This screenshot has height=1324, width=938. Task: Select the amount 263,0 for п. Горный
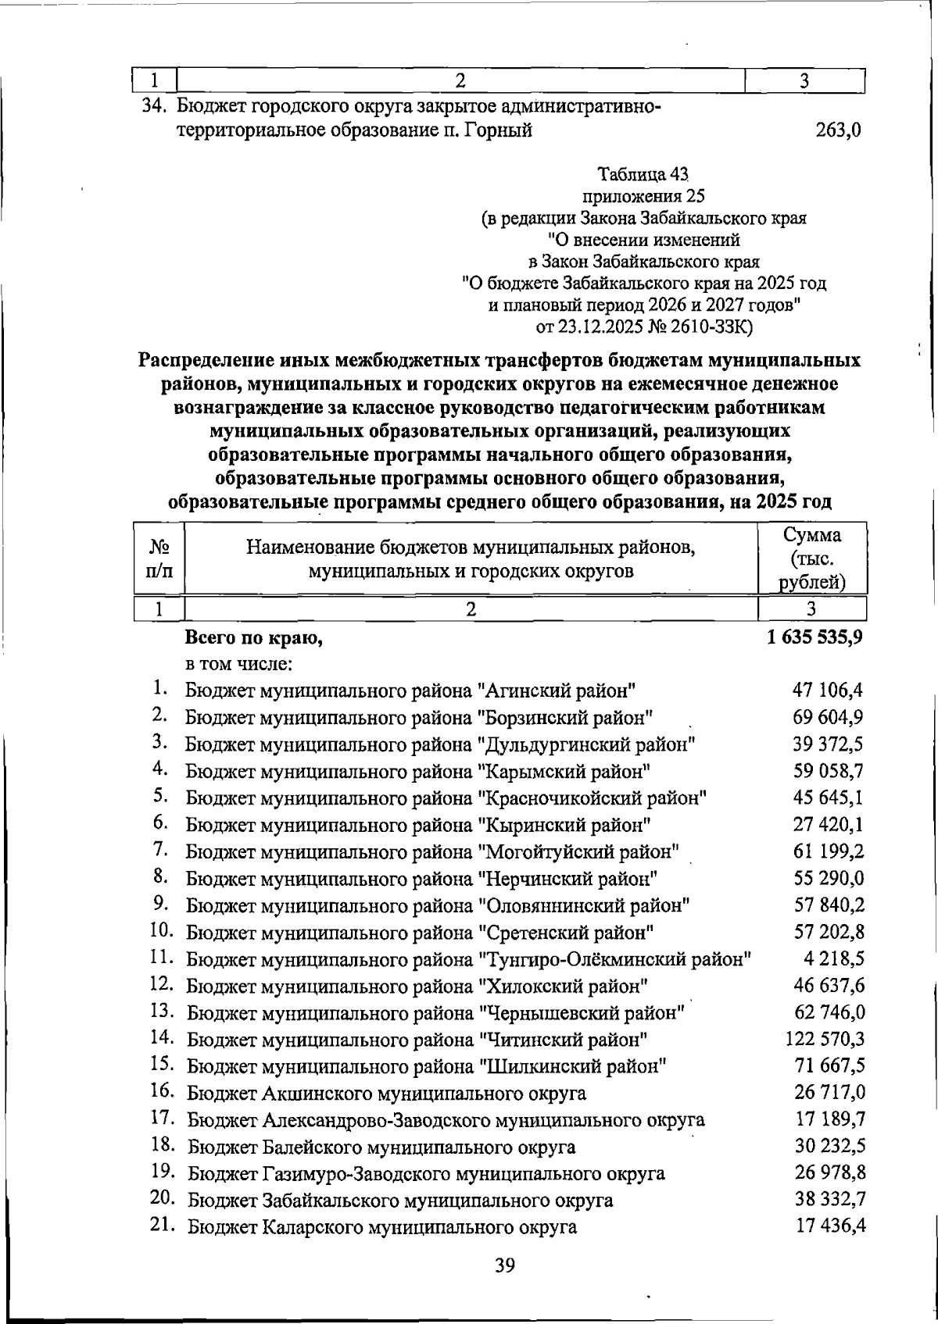coord(838,130)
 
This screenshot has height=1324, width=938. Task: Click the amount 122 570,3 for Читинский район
coord(824,1039)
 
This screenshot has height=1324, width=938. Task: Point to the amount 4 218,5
coord(833,958)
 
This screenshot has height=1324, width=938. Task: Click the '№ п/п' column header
coord(159,559)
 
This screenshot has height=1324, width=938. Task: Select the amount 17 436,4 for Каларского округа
coord(830,1226)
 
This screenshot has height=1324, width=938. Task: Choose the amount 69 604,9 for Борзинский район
coord(828,716)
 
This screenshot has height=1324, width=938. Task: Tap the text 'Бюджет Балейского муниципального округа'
coord(381,1147)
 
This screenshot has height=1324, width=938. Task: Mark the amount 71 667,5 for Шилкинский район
coord(829,1065)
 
